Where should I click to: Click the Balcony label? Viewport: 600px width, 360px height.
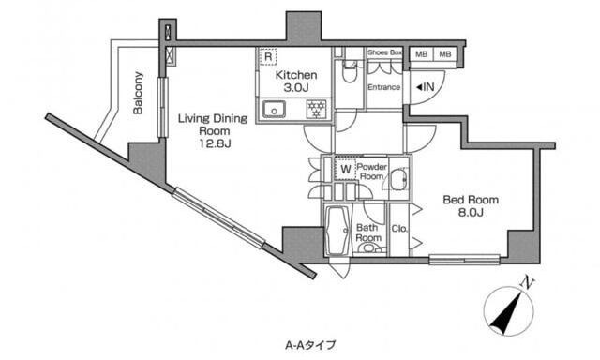[138, 92]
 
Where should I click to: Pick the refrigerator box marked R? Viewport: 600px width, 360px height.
[268, 56]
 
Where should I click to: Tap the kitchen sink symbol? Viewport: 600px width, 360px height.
[275, 110]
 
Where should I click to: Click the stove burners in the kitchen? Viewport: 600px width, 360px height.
[316, 109]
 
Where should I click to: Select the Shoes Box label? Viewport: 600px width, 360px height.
[384, 53]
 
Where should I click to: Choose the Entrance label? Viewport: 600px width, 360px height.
[383, 88]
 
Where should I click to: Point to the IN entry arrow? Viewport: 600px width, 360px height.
[423, 87]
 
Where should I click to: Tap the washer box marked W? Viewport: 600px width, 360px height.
[343, 170]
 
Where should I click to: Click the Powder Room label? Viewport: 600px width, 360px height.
[371, 171]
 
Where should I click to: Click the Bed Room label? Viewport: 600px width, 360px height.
[471, 200]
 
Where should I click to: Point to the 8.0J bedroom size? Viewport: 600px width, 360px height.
[471, 214]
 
